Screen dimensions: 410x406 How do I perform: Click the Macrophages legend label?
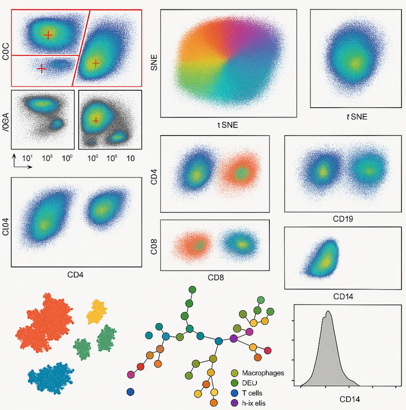coord(262,373)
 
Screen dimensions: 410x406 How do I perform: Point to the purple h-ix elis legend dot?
coord(234,403)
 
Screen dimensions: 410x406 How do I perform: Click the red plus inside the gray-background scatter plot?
coord(96,120)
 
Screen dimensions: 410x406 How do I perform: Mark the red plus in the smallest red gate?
coord(41,69)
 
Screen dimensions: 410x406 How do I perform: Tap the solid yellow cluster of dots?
coord(97,311)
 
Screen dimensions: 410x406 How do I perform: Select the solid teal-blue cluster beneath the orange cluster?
coord(50,377)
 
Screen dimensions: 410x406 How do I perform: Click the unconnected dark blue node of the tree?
coord(130,392)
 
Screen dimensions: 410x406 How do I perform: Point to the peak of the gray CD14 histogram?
coord(328,312)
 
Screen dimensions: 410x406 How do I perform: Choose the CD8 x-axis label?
coord(216,278)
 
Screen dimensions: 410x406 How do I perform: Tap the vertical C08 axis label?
coord(154,246)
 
